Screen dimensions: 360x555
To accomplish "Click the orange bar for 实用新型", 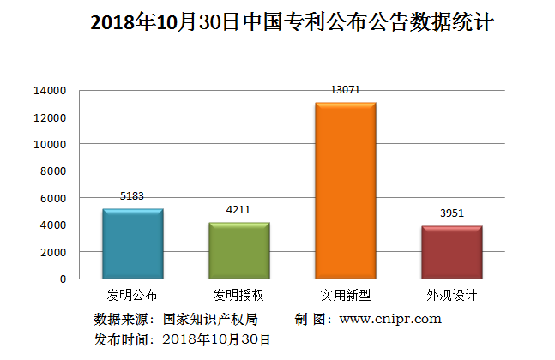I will (x=346, y=190).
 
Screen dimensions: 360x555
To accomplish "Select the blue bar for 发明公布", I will (x=133, y=243).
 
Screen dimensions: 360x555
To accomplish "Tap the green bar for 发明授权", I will (x=239, y=250).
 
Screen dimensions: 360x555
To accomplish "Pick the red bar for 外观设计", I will (x=451, y=252).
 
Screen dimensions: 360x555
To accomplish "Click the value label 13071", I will (x=346, y=89).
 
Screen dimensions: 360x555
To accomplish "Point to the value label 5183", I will (x=133, y=195).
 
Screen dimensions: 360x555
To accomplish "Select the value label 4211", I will (x=239, y=209).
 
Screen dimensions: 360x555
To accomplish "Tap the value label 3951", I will (x=451, y=213).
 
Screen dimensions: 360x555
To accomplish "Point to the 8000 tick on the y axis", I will (x=53, y=171).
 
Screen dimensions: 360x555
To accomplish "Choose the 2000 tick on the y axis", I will (x=53, y=252).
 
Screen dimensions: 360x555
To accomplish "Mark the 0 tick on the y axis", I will (x=62, y=279).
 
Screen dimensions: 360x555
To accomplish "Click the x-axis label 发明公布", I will (x=132, y=295).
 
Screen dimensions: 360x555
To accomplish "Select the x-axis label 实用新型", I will (x=345, y=295).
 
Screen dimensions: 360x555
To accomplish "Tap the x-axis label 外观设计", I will (x=451, y=295).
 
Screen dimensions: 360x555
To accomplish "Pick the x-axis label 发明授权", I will (x=238, y=295).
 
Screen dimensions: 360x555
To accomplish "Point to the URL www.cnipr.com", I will (x=390, y=319).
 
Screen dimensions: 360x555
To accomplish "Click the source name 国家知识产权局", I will (x=209, y=319).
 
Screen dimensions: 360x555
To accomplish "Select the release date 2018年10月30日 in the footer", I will (x=216, y=339).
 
